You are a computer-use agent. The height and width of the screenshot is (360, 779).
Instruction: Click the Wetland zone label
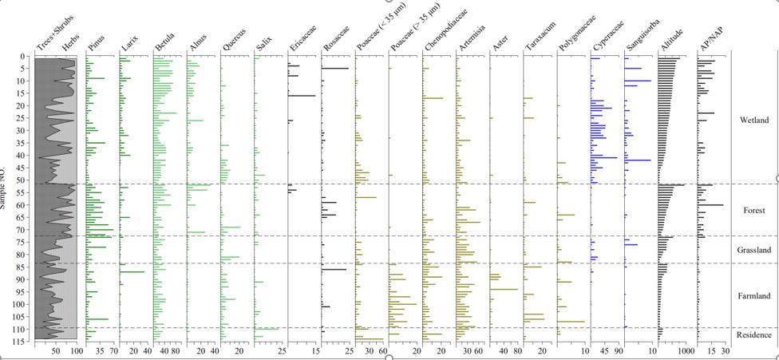(x=754, y=120)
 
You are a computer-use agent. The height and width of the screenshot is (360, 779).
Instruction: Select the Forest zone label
(x=754, y=211)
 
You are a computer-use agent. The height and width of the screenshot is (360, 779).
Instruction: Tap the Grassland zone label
(x=754, y=250)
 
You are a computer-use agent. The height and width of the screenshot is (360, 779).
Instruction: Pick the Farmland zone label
(x=754, y=295)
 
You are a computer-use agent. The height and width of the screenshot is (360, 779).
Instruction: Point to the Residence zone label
(x=754, y=334)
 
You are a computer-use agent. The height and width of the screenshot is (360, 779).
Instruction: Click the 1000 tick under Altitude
(x=685, y=350)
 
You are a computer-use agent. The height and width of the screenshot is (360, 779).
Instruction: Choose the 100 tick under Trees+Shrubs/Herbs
(x=76, y=350)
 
